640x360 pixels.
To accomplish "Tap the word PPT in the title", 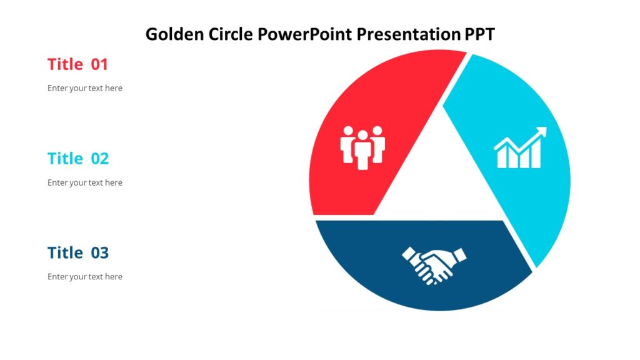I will [479, 34].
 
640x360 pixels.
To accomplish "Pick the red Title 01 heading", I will [77, 64].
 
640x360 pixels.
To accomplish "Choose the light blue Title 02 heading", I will [77, 159].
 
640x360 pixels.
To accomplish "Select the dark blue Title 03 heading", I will [77, 253].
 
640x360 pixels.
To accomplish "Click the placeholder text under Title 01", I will [85, 88].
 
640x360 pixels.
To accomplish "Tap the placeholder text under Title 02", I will [85, 182].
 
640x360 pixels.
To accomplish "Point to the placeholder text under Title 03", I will [85, 276].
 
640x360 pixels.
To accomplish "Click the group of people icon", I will [362, 147].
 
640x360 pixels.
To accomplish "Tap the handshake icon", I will [434, 265].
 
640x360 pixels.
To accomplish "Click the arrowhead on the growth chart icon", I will [541, 132].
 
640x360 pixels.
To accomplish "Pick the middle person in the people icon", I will [362, 150].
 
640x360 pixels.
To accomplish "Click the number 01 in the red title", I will [99, 64].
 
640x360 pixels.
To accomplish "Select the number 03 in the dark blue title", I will [99, 253].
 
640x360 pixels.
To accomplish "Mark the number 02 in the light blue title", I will [99, 159].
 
